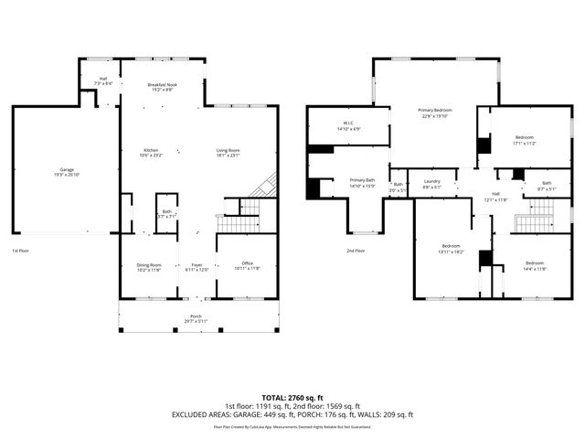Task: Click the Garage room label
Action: coord(66,169)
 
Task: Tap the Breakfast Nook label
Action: coord(162,85)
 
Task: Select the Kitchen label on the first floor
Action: coord(151,150)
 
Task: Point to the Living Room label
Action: coord(228,150)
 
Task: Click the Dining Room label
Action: coord(149,264)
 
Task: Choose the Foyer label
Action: coord(197,264)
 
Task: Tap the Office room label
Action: coord(240,264)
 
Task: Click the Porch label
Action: coord(197,317)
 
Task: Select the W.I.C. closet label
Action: coord(348,123)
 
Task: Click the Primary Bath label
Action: coord(362,180)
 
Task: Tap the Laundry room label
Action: coord(431,181)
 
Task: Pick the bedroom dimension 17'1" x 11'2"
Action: coord(524,144)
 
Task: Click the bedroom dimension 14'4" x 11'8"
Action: coord(535,242)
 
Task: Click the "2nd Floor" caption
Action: coord(356,250)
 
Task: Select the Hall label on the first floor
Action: coord(103,79)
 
